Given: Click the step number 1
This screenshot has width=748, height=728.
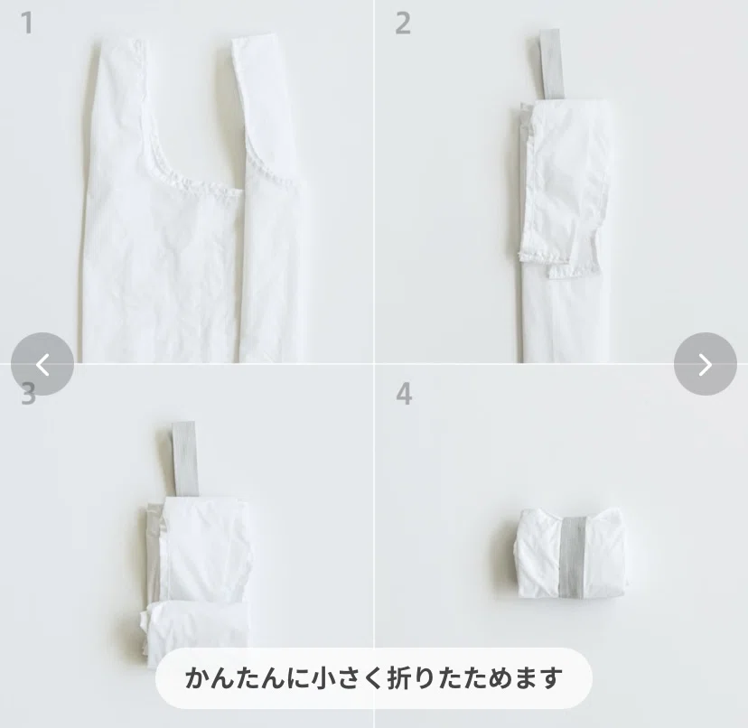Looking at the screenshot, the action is click(x=27, y=23).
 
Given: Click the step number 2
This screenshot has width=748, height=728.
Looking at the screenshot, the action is click(x=403, y=23).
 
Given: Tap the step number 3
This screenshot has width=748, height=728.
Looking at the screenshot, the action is click(x=28, y=395).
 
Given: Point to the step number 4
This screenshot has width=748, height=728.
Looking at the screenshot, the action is click(x=404, y=395).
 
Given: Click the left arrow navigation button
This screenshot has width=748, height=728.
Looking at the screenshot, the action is click(x=42, y=364).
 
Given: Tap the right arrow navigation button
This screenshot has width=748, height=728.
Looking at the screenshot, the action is click(x=705, y=364).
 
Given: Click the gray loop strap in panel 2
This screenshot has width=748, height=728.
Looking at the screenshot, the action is click(x=550, y=64).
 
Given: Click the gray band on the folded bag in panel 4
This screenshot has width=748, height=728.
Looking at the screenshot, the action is click(x=572, y=556).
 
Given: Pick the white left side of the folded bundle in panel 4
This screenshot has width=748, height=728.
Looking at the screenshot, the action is click(x=539, y=554).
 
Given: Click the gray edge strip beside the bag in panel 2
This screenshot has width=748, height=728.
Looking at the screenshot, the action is click(x=524, y=138).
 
